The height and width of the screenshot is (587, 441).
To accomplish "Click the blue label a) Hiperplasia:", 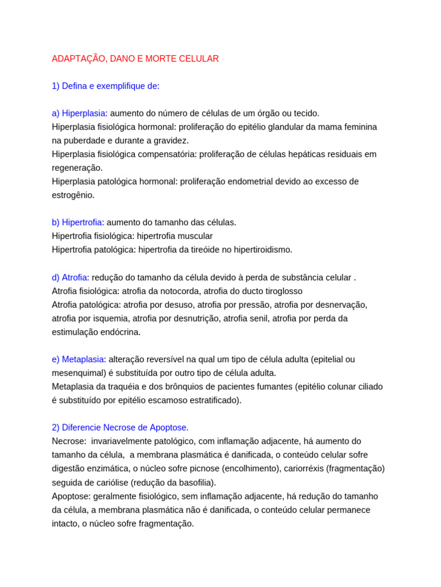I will pos(80,113).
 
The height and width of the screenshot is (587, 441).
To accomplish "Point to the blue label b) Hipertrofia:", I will pos(78,222).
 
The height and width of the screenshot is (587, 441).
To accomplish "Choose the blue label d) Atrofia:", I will pos(71,277).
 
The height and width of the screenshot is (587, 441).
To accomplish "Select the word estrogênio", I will pos(73,195).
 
